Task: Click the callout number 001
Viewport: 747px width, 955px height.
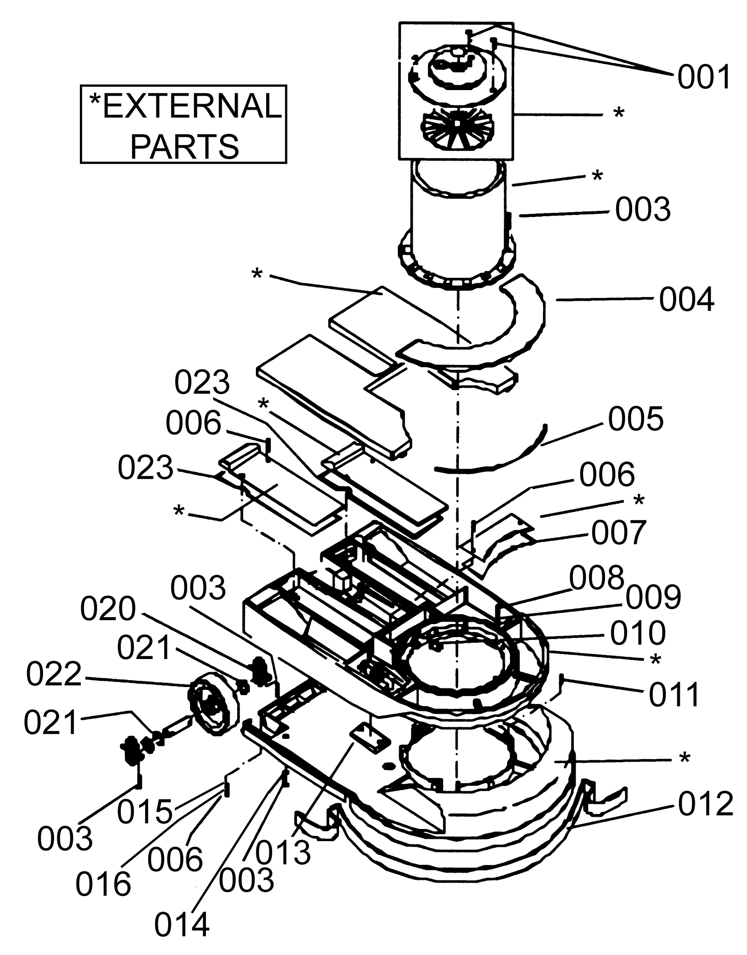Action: click(704, 77)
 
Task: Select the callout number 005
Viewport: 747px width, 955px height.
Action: click(635, 418)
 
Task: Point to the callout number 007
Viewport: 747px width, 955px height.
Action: click(619, 533)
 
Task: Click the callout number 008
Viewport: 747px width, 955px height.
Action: click(597, 577)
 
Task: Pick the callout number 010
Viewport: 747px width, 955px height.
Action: click(638, 633)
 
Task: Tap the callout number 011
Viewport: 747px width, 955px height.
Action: click(674, 695)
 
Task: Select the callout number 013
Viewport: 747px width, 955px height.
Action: click(283, 852)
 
